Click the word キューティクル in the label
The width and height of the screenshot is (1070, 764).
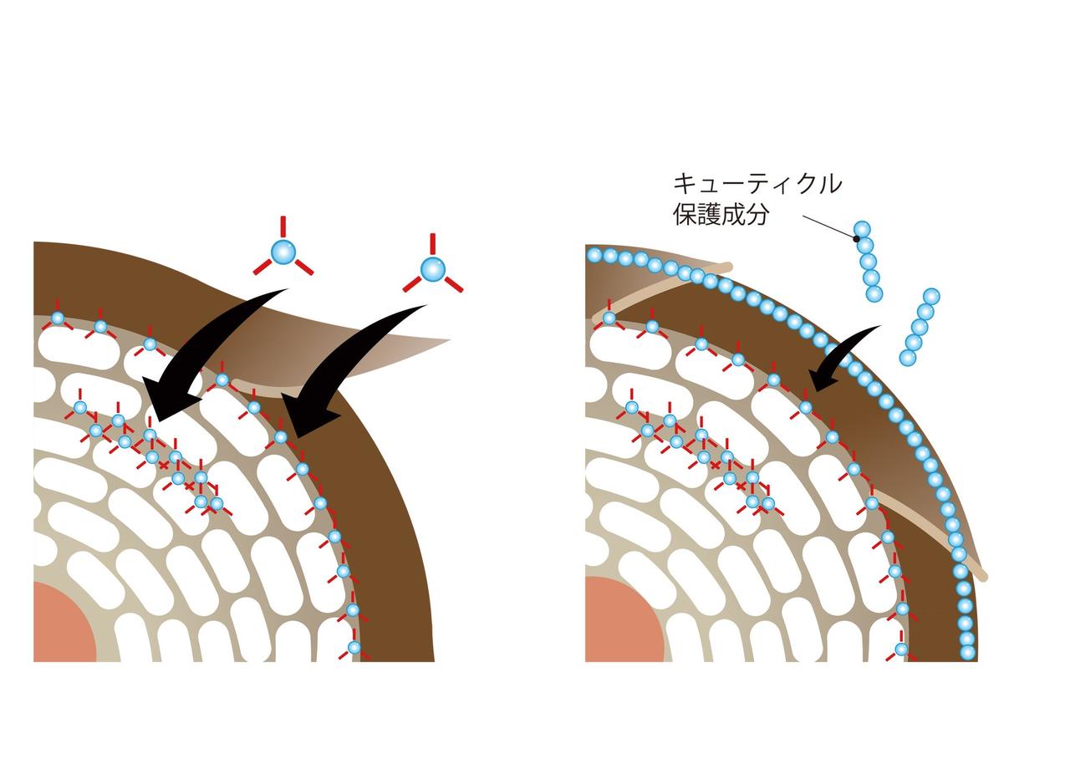(x=757, y=184)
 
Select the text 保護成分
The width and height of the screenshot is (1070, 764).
(x=721, y=214)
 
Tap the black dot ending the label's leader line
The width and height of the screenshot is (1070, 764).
(x=857, y=238)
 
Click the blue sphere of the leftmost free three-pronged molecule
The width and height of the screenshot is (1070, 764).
(x=283, y=251)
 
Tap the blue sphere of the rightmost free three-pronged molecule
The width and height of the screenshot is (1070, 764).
(x=432, y=269)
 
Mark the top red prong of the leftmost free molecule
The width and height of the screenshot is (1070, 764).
(x=283, y=226)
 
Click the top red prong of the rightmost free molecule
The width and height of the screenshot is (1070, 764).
(x=432, y=243)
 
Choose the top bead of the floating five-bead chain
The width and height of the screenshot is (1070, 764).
(x=861, y=229)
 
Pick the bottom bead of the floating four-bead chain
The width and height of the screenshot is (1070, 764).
(x=908, y=358)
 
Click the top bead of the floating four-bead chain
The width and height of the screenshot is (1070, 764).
(x=931, y=296)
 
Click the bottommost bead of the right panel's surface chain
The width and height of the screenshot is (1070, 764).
(x=968, y=652)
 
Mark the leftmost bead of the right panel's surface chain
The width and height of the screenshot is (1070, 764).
(x=595, y=254)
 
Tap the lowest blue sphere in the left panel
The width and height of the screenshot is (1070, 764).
(x=354, y=647)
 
